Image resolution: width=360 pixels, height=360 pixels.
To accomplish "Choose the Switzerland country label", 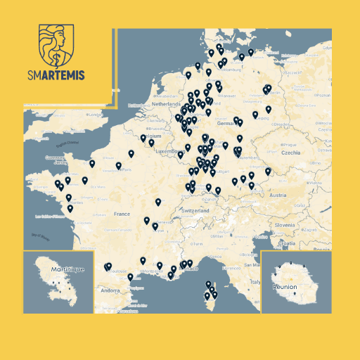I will (195, 210).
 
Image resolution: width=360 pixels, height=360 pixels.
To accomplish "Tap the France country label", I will (122, 214).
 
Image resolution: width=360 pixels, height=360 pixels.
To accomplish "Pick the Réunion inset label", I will (285, 287).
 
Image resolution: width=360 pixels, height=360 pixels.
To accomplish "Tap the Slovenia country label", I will (285, 224).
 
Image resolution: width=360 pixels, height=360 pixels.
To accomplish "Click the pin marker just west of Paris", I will (119, 166).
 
